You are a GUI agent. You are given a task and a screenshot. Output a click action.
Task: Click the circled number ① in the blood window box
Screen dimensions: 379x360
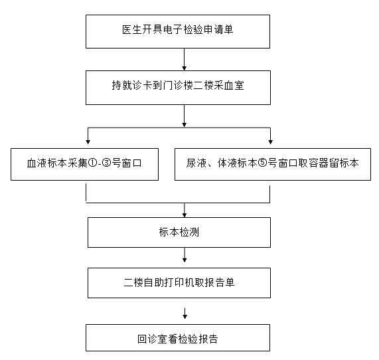[92, 163]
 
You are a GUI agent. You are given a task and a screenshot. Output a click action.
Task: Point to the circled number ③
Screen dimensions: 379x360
[106, 163]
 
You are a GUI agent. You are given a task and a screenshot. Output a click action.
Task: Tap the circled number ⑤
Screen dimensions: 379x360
[263, 163]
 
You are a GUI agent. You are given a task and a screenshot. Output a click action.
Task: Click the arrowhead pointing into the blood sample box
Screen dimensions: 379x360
[88, 142]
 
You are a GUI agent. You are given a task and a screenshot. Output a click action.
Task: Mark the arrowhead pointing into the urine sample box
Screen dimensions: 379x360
[270, 142]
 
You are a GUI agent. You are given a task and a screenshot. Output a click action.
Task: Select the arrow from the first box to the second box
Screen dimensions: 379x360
[184, 60]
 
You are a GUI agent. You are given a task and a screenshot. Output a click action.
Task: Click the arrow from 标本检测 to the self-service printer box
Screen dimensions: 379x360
[185, 255]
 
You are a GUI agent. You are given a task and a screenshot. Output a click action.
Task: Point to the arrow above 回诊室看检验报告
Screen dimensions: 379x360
[185, 314]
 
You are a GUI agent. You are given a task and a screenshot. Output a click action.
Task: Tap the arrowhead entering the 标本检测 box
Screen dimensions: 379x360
[185, 215]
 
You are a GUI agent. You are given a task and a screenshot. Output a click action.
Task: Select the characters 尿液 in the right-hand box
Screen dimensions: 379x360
[196, 163]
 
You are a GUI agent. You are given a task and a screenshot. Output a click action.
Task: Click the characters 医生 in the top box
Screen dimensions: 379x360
[131, 29]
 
